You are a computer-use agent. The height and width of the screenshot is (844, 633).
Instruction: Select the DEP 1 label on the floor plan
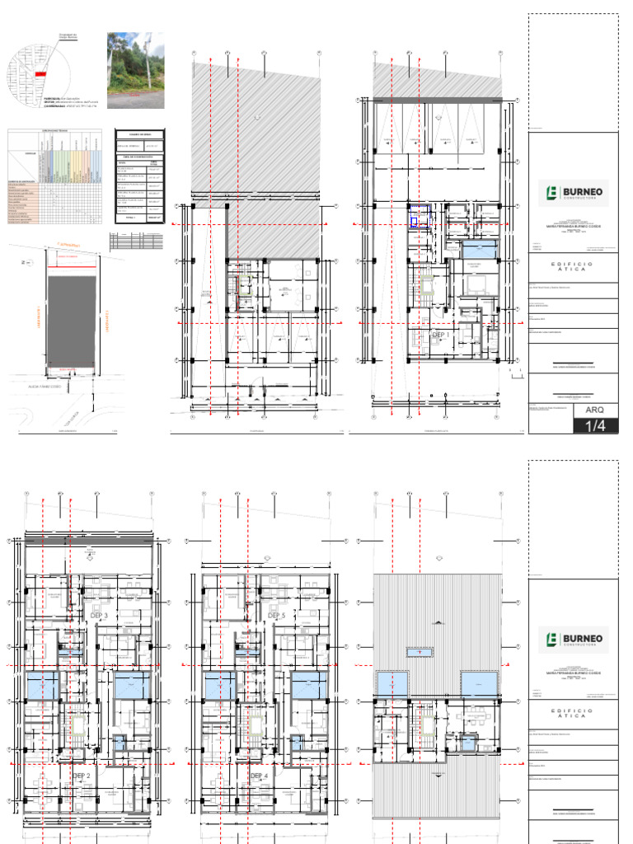tap(441, 335)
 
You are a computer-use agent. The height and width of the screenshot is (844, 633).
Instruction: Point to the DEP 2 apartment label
tap(81, 776)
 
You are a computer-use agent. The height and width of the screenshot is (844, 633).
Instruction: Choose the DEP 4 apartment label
tap(260, 776)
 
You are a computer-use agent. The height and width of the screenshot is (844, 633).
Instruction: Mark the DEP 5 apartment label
tap(277, 616)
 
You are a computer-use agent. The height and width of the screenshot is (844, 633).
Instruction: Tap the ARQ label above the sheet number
tap(572, 410)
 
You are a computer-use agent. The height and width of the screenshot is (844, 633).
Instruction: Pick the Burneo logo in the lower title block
tap(572, 639)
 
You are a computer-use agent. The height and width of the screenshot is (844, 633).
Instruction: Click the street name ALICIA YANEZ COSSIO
tap(46, 385)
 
